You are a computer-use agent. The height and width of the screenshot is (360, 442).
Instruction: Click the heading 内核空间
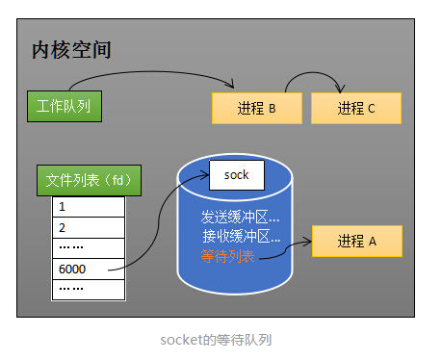point(71,49)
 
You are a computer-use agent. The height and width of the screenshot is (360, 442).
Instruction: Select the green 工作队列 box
point(64,105)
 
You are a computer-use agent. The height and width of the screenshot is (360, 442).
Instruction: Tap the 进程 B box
point(256,108)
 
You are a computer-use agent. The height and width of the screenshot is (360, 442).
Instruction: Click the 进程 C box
point(356,108)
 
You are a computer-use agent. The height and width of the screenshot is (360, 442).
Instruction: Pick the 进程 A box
point(356,241)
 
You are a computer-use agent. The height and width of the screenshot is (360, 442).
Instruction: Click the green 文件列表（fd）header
point(89,180)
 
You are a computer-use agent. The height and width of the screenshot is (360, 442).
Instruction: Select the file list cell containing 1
point(89,206)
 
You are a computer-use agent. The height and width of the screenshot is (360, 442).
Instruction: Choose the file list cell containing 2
point(89,227)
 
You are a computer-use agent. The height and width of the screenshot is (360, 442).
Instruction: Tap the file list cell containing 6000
point(89,269)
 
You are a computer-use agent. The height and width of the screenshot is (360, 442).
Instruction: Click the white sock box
point(236,175)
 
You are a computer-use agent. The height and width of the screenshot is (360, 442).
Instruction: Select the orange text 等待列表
point(228,256)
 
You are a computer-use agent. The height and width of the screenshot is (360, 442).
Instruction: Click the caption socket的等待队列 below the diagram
point(221,339)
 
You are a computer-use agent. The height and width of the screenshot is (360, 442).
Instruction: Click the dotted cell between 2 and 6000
point(89,247)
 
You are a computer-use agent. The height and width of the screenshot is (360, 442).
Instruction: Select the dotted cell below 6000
point(89,288)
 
